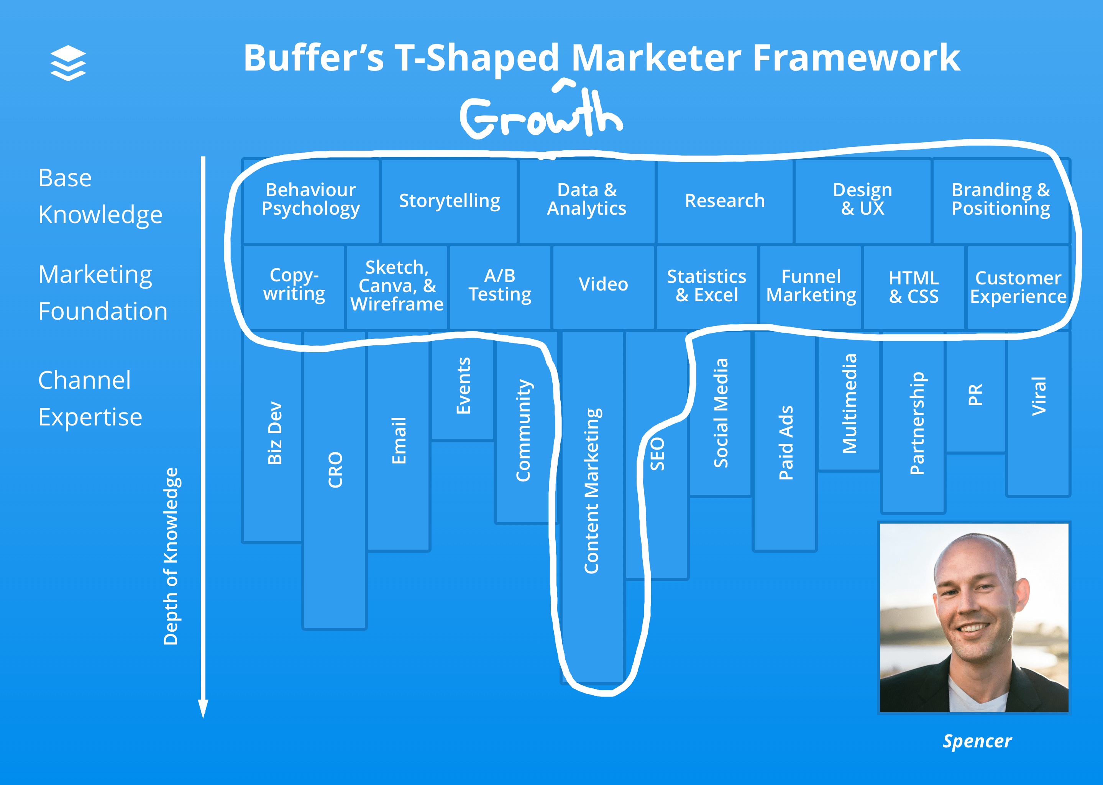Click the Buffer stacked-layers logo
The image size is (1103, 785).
coord(68,62)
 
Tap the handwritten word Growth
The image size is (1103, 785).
coord(540,115)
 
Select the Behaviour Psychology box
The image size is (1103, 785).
coord(311,199)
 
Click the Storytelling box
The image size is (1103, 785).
coord(449,200)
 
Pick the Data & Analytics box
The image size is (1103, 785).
coord(587,199)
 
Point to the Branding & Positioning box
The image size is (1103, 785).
coord(1001,199)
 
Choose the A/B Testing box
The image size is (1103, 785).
coord(500,285)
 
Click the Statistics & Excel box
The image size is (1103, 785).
coord(706,286)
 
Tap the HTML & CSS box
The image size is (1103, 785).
coord(914,287)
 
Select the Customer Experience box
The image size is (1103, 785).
coord(1018,287)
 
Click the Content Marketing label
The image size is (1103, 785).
coord(592,491)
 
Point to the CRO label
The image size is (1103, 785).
coord(335,470)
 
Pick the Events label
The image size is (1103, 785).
coord(463,385)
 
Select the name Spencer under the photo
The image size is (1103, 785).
coord(977,741)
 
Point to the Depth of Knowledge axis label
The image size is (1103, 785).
coord(171,556)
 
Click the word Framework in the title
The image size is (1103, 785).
coord(856,58)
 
